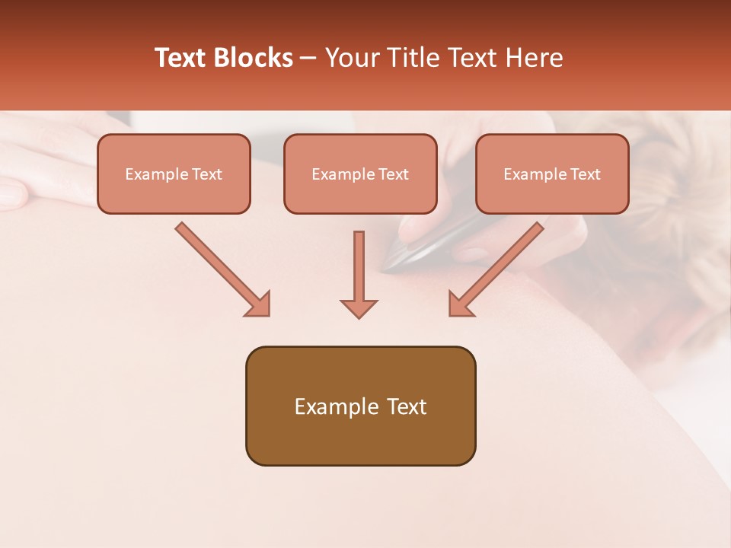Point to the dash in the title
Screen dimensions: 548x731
pos(309,59)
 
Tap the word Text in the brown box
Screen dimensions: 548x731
pos(405,406)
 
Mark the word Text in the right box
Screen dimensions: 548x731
pos(585,174)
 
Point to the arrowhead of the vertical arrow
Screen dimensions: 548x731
pos(359,307)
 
